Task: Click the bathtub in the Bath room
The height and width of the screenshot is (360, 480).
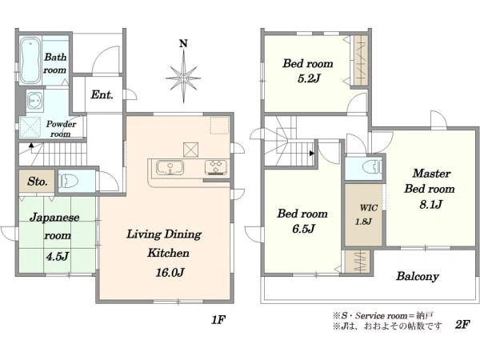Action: pyautogui.click(x=30, y=60)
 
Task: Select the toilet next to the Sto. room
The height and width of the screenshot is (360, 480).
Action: pyautogui.click(x=69, y=181)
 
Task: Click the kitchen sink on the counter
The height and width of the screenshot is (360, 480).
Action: pyautogui.click(x=170, y=168)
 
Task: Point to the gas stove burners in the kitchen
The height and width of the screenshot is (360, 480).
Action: pyautogui.click(x=216, y=167)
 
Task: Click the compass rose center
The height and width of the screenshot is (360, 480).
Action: pyautogui.click(x=183, y=78)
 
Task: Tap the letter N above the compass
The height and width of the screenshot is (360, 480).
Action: pyautogui.click(x=183, y=44)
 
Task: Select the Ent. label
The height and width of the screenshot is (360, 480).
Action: pyautogui.click(x=102, y=94)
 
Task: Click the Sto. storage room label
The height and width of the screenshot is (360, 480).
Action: pyautogui.click(x=38, y=182)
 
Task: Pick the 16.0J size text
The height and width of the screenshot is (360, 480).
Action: pyautogui.click(x=170, y=272)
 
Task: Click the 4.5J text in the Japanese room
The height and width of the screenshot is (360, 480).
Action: pyautogui.click(x=57, y=256)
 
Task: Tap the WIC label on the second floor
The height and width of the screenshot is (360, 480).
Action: pyautogui.click(x=369, y=208)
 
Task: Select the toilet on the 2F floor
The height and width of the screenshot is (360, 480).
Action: pyautogui.click(x=373, y=168)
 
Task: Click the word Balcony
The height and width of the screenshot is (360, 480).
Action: pyautogui.click(x=418, y=277)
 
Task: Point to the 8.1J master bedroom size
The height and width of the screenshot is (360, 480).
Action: pyautogui.click(x=431, y=204)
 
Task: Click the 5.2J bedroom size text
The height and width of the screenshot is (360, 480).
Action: pyautogui.click(x=309, y=78)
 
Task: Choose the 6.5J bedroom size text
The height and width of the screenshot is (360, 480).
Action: pyautogui.click(x=303, y=229)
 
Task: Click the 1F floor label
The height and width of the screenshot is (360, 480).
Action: pyautogui.click(x=218, y=320)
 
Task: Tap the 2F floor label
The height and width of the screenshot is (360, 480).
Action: pyautogui.click(x=462, y=324)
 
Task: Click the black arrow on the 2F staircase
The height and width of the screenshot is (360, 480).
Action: pyautogui.click(x=312, y=153)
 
